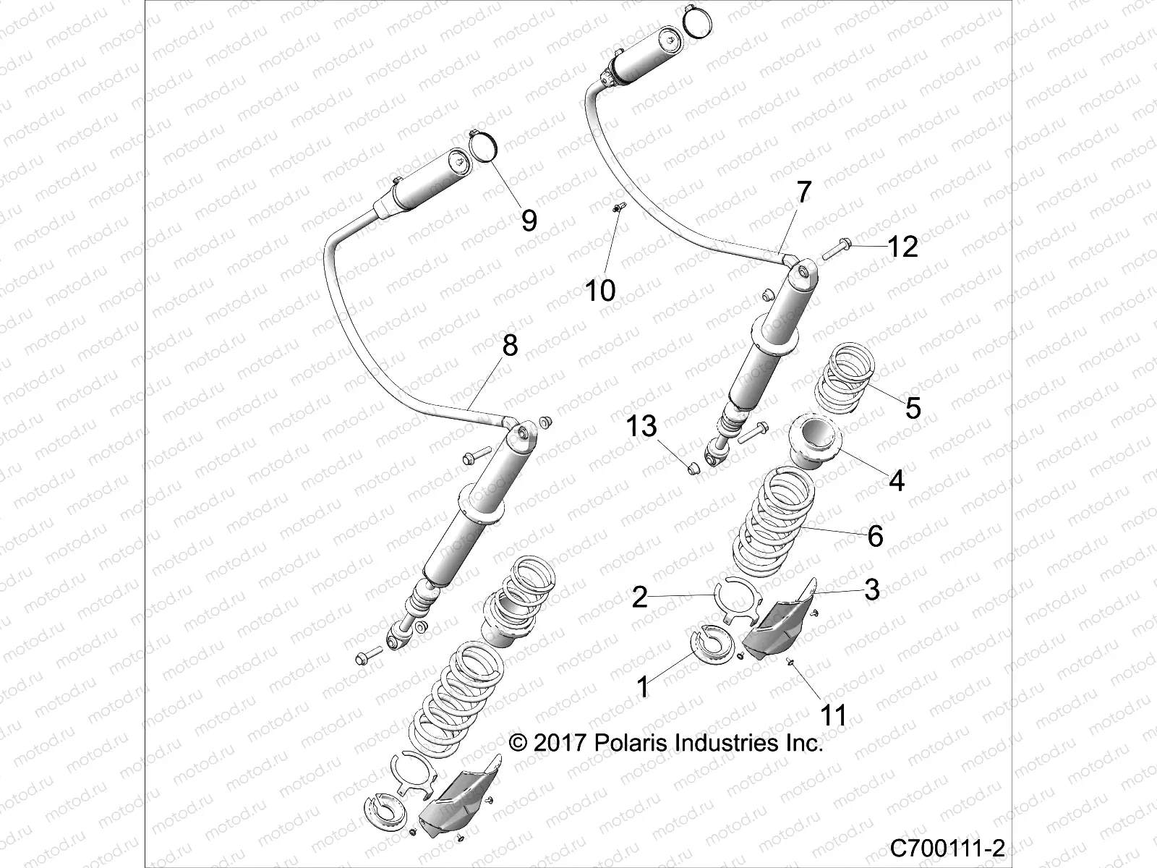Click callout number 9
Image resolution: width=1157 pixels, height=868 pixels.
click(x=529, y=219)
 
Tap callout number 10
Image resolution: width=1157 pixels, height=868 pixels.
click(x=599, y=290)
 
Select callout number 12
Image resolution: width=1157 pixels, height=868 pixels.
click(x=902, y=247)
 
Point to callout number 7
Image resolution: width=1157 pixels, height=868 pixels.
click(x=803, y=193)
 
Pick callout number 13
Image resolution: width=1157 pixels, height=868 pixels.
click(x=641, y=426)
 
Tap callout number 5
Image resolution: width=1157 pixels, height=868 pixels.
click(x=913, y=407)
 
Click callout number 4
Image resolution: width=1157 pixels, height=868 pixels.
click(x=897, y=480)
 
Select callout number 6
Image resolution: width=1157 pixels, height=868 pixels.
click(x=875, y=536)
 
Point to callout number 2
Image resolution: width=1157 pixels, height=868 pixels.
click(x=639, y=597)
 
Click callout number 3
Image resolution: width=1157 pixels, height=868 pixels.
click(x=872, y=590)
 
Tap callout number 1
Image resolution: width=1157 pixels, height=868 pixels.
click(x=643, y=686)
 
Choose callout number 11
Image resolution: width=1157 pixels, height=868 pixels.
click(x=832, y=715)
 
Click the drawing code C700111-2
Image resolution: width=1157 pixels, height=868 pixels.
click(x=948, y=847)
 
